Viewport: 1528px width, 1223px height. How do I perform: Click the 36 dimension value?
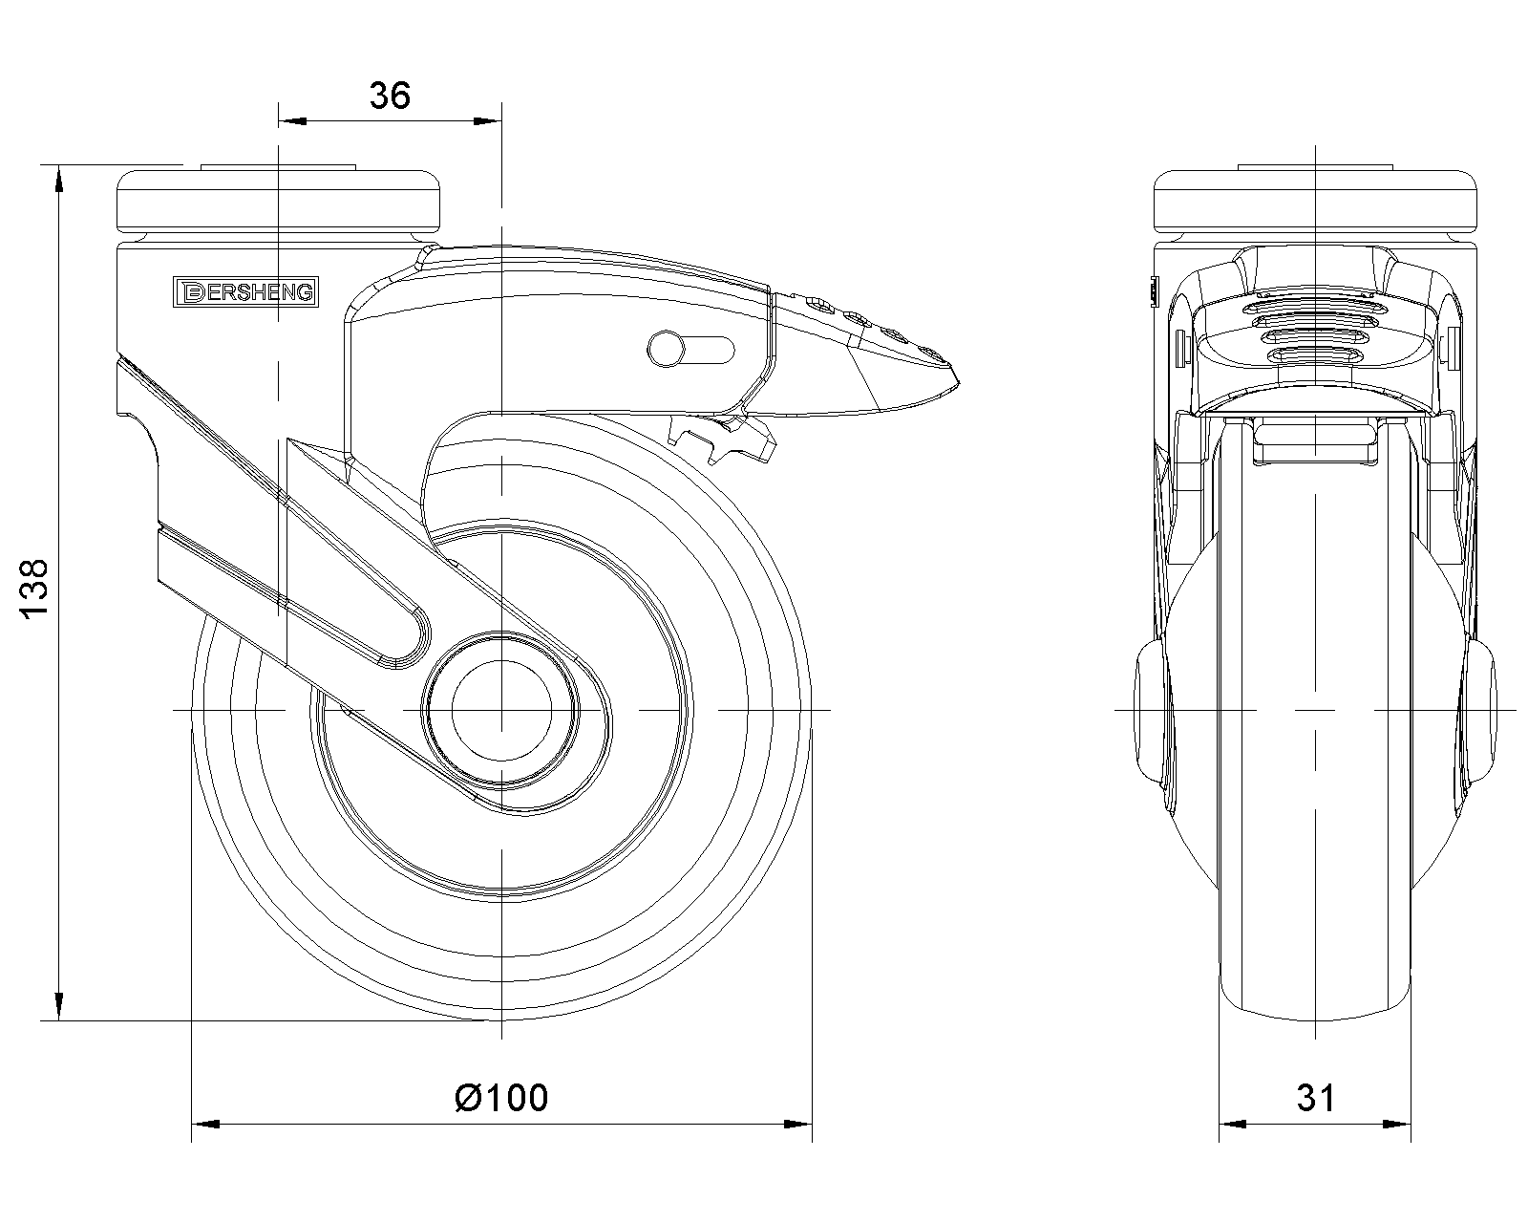[390, 96]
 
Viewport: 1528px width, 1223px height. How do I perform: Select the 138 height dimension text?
[34, 590]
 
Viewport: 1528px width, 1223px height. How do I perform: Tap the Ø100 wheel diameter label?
[501, 1098]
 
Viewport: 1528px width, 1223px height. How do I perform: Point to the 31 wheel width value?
[1316, 1098]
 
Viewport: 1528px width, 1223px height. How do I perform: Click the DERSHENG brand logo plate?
[245, 292]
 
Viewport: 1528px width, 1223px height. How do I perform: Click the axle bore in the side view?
[501, 710]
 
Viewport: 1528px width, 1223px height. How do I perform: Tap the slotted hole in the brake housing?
[690, 350]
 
